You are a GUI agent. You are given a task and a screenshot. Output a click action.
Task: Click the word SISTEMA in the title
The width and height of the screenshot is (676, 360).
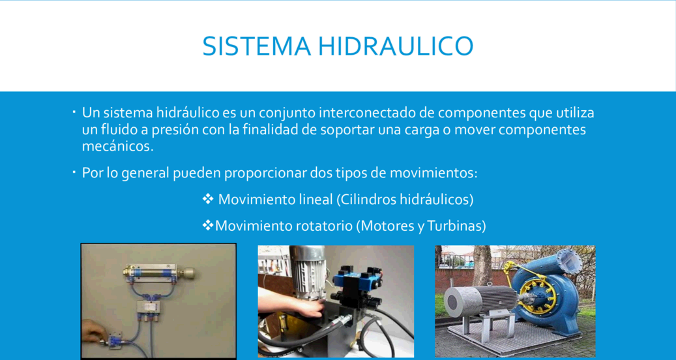[257, 46]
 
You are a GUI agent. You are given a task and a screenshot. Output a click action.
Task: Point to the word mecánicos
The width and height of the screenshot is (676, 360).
[118, 146]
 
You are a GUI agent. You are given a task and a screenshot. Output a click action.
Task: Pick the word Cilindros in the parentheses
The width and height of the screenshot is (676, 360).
[366, 200]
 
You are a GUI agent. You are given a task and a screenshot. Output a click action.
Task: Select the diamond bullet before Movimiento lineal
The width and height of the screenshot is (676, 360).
[208, 199]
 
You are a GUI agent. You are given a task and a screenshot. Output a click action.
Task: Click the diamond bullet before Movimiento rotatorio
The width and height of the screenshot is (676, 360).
[208, 224]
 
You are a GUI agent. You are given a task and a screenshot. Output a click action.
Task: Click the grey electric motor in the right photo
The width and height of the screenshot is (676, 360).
[480, 301]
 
